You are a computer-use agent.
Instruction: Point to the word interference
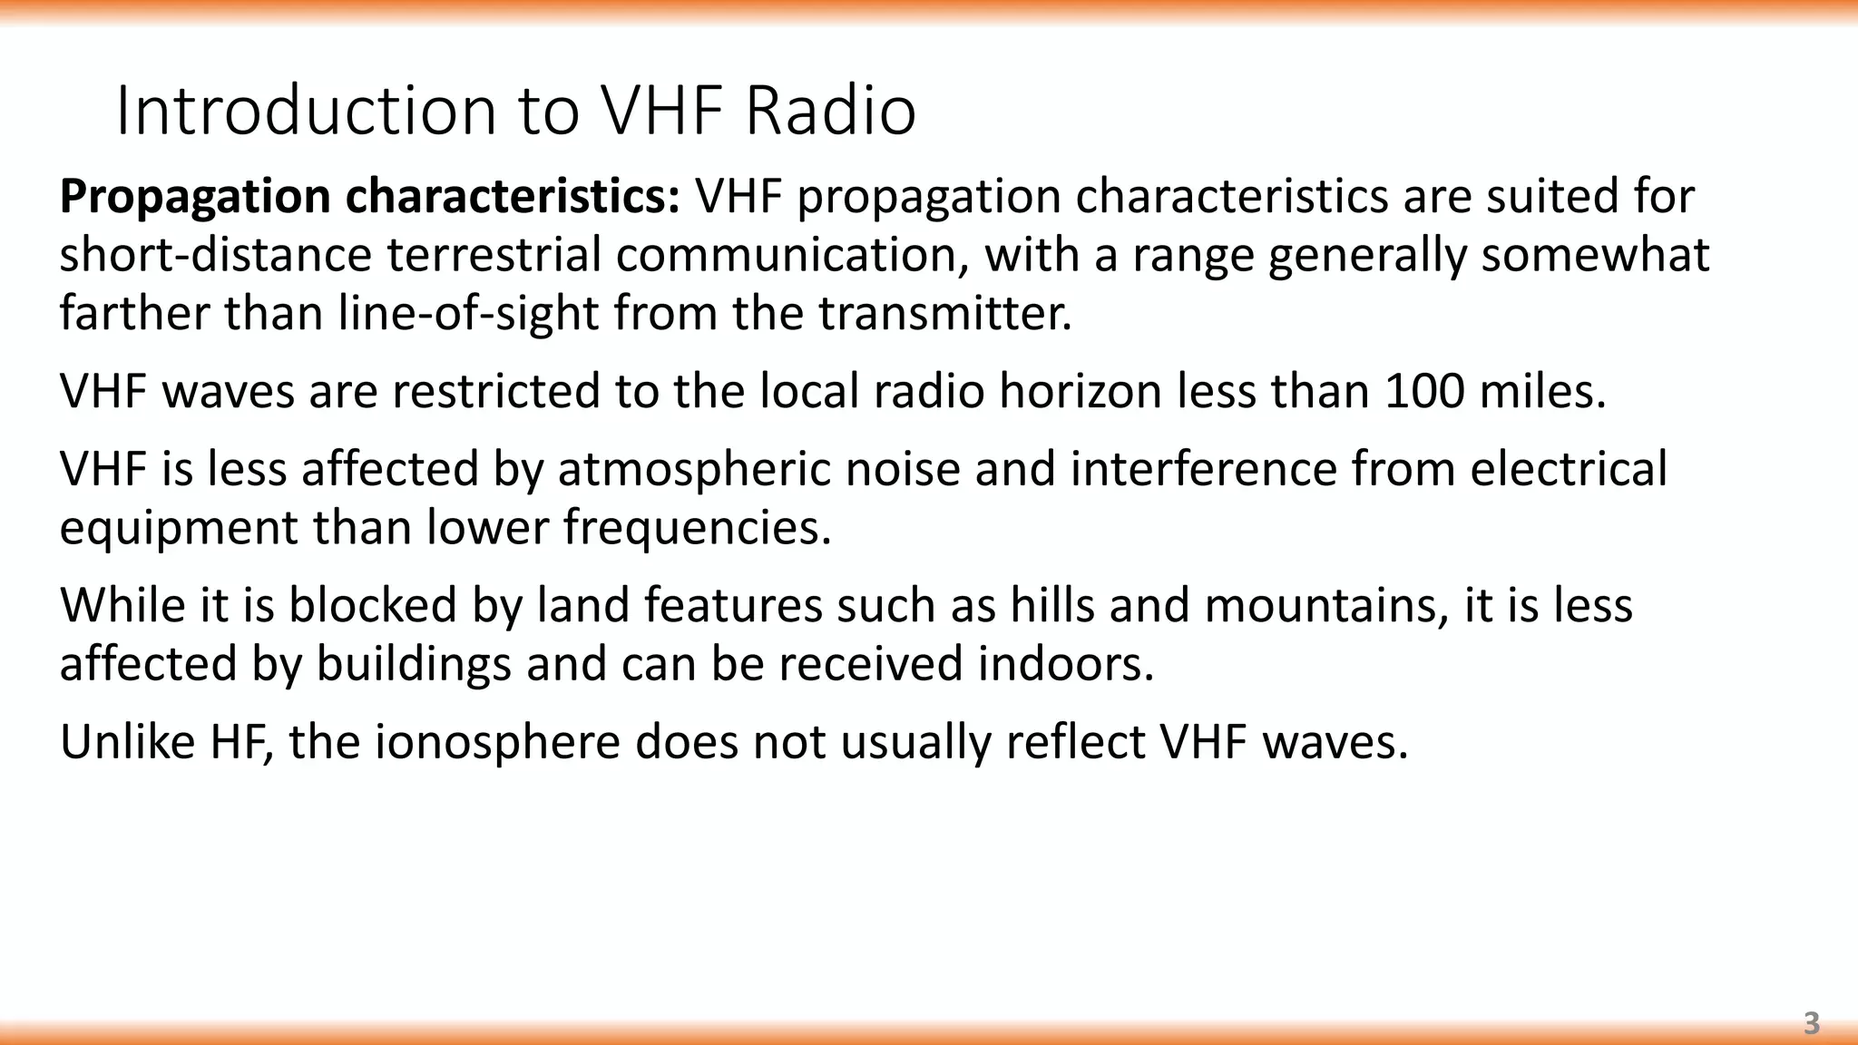[x=1202, y=469]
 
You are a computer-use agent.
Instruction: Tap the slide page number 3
[x=1811, y=1023]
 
